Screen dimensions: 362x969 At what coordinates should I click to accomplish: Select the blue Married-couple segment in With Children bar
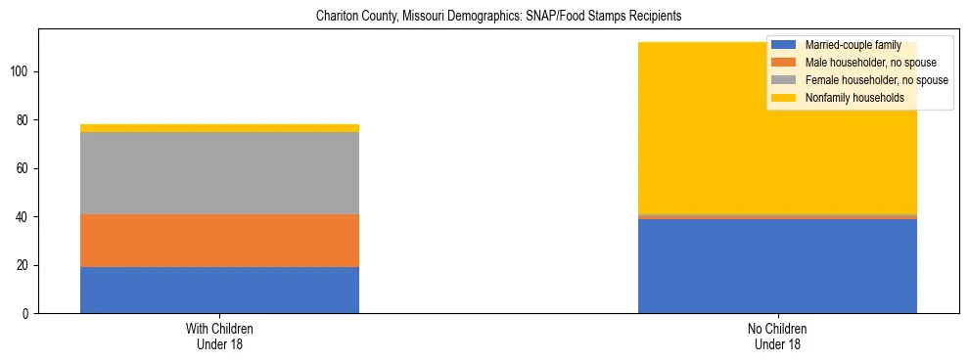tap(219, 290)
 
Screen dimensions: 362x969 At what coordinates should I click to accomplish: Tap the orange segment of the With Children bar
tap(219, 241)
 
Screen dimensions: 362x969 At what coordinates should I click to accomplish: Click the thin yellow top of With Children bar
tap(219, 128)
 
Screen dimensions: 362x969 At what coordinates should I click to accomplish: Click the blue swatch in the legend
tap(783, 45)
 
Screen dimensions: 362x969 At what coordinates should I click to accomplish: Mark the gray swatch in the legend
tap(783, 80)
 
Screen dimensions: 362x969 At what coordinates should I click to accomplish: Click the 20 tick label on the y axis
tap(25, 265)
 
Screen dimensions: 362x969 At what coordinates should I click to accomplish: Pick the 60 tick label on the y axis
tap(25, 168)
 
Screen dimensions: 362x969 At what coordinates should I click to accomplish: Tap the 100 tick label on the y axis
tap(23, 71)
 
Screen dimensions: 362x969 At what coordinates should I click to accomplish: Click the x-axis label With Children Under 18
tap(219, 336)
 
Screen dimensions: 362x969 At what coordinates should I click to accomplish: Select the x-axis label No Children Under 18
tap(777, 336)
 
